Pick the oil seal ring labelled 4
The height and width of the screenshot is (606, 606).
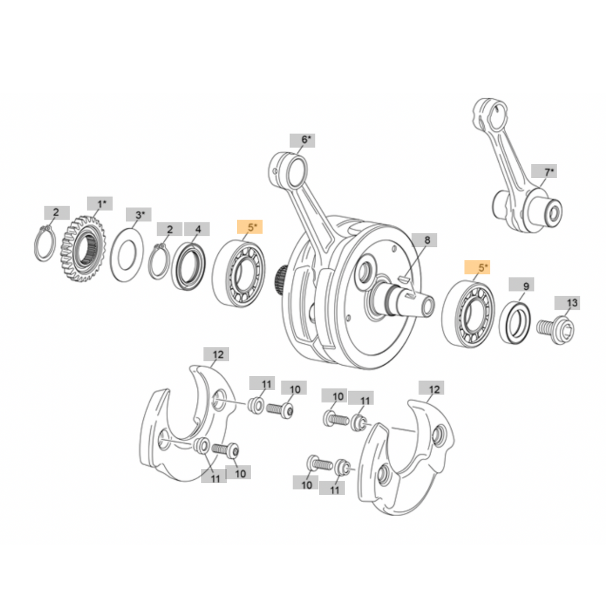[x=189, y=266]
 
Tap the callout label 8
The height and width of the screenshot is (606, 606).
[x=427, y=241]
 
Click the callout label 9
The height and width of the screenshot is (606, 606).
[x=526, y=286]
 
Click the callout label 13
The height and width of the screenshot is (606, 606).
[x=571, y=304]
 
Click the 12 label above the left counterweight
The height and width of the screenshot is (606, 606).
[x=218, y=355]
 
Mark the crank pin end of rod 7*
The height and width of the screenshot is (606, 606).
[x=549, y=212]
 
